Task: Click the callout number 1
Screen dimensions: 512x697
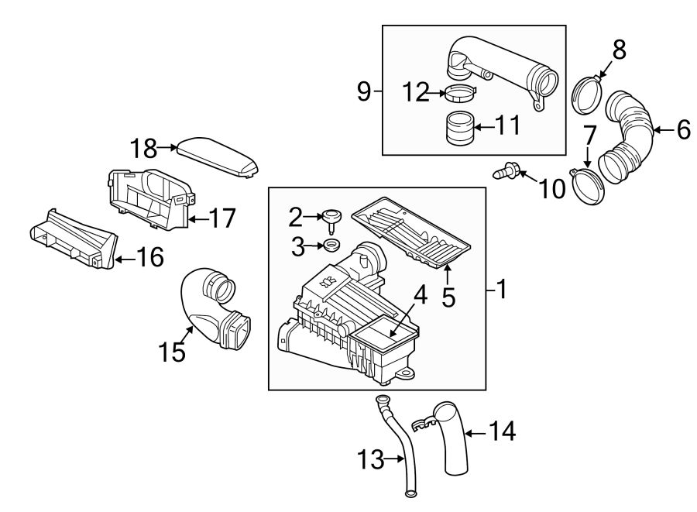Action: point(501,290)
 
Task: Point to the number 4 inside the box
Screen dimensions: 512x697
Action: point(420,297)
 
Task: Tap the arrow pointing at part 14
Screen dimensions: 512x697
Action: point(474,431)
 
